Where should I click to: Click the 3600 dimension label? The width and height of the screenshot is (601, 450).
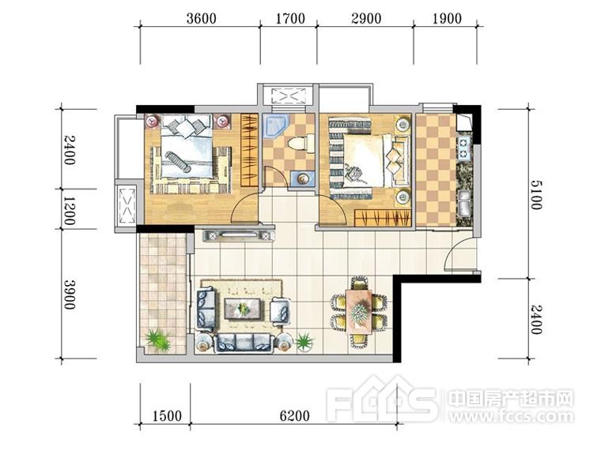click(x=201, y=18)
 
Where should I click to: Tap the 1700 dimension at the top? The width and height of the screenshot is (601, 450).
click(x=290, y=18)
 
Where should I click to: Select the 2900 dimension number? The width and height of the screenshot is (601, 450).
click(x=366, y=18)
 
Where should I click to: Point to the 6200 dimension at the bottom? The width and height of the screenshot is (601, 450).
click(x=294, y=415)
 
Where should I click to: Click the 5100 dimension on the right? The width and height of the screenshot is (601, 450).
click(x=536, y=195)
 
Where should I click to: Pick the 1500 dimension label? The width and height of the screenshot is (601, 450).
click(x=167, y=415)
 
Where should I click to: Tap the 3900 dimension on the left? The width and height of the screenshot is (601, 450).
click(x=70, y=294)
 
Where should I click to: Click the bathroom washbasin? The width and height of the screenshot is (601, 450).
click(x=303, y=178)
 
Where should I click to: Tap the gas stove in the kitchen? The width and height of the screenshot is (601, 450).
click(x=463, y=149)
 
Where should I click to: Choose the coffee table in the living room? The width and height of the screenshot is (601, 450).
click(x=242, y=309)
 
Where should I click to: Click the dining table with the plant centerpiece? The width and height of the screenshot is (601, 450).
click(x=359, y=312)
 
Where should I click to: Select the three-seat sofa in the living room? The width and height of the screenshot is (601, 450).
click(x=244, y=343)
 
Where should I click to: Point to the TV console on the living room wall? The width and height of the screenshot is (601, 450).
click(x=238, y=235)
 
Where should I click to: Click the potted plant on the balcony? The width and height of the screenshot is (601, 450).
click(x=158, y=339)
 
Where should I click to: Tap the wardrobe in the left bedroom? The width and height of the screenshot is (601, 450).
click(x=250, y=150)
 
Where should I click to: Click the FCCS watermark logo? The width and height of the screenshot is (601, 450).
click(x=381, y=399)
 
